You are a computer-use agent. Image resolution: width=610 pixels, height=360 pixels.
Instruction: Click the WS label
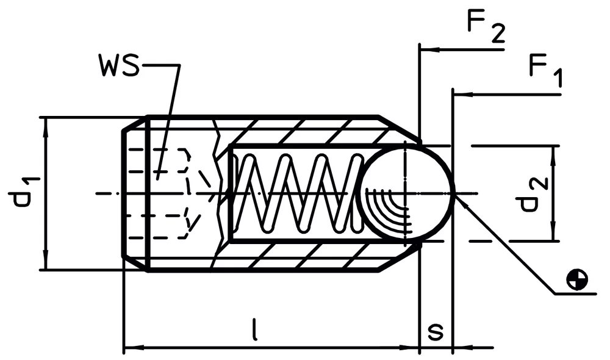119,66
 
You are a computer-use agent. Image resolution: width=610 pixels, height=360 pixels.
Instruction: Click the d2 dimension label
533,194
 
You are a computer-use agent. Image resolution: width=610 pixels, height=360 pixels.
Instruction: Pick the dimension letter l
254,329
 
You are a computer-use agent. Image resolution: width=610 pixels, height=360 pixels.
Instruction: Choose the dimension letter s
436,331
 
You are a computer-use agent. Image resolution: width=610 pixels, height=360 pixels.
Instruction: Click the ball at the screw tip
406,193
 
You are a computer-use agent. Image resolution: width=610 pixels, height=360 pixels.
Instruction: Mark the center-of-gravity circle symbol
577,279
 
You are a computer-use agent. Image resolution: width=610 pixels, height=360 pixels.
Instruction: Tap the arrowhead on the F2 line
431,50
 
